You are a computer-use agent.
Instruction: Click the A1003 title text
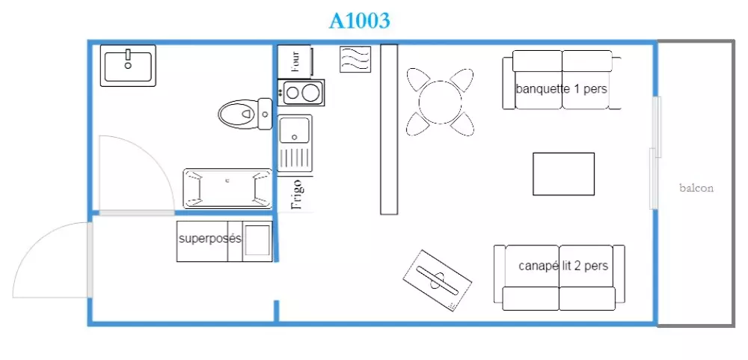pos(360,20)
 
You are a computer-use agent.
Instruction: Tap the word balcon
pos(696,188)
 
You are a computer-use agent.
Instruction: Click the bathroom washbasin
pos(128,66)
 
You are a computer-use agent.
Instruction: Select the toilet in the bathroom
pos(245,114)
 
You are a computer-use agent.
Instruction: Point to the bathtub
pos(227,188)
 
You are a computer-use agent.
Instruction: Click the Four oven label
pos(296,61)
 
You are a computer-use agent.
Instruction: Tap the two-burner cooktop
pos(301,92)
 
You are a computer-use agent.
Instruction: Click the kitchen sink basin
pos(295,129)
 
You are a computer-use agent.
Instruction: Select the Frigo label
pos(296,195)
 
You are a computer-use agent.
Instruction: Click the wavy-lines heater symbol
pos(355,60)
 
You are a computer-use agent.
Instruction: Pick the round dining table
pos(441,102)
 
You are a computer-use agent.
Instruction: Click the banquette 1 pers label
pos(562,89)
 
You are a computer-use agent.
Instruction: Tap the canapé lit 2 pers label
pos(563,266)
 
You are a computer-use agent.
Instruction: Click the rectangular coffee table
pos(563,174)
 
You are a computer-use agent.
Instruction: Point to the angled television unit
pos(438,280)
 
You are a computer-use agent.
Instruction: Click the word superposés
pos(210,238)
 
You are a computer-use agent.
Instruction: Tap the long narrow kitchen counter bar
pos(389,129)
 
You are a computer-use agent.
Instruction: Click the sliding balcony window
pos(655,153)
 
